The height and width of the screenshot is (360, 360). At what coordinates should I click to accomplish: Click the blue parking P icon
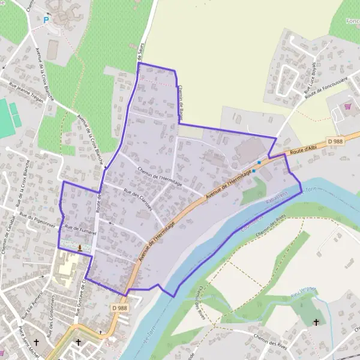(46, 20)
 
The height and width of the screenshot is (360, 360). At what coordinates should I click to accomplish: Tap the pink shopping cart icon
(347, 107)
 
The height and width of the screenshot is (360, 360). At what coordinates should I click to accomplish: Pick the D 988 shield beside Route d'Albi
(336, 141)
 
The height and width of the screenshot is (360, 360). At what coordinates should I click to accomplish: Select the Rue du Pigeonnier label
(36, 217)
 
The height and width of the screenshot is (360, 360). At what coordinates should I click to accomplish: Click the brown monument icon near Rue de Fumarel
(80, 247)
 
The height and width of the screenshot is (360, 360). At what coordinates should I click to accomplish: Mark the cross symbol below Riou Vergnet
(316, 322)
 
